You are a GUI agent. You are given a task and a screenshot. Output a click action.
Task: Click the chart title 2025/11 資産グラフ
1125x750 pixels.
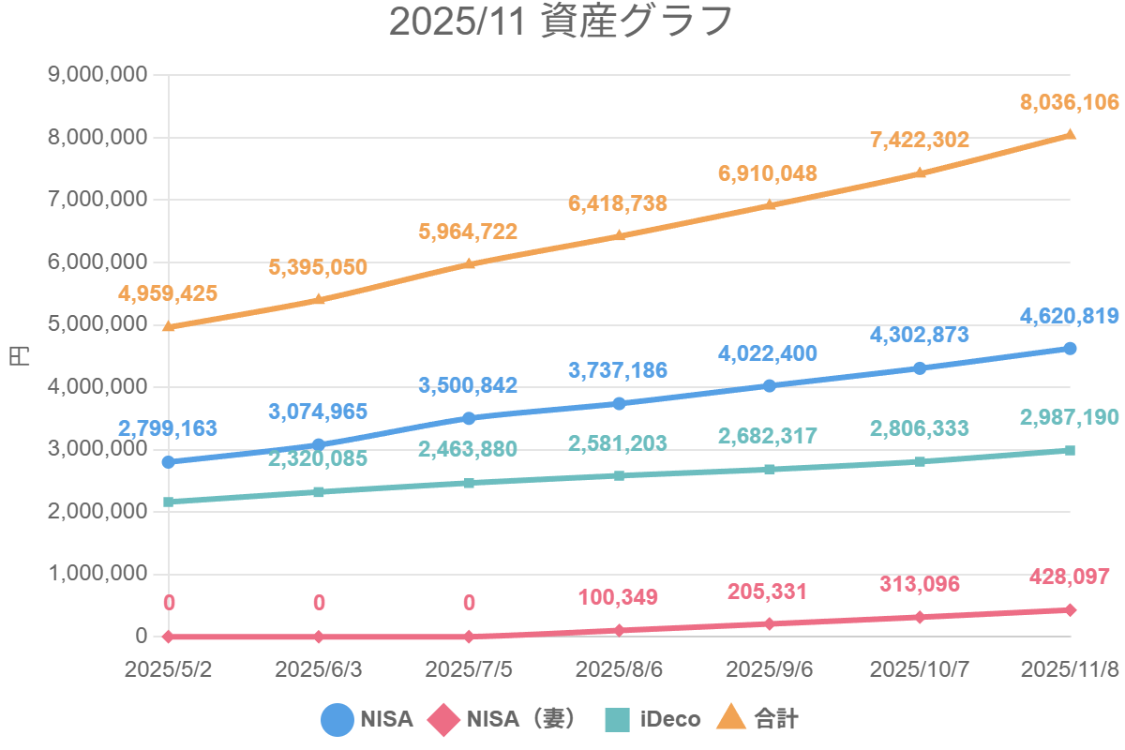coord(560,22)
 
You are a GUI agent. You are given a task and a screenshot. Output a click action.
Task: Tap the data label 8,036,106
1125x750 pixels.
coord(1069,102)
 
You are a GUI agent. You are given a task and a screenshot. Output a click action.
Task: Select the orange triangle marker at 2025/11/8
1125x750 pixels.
coord(1070,134)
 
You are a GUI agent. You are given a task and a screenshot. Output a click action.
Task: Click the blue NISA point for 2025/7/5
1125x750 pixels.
coord(469,418)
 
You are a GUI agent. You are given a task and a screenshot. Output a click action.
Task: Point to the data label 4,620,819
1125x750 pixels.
coord(1069,316)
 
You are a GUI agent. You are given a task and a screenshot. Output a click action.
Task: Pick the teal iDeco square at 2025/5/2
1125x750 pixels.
coord(169,502)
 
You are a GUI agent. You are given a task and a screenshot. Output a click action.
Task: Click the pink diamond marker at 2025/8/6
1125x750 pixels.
coord(620,630)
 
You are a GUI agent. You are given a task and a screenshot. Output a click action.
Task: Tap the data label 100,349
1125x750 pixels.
coord(618,597)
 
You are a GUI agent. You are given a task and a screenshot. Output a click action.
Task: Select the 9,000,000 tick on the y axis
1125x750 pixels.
coord(97,75)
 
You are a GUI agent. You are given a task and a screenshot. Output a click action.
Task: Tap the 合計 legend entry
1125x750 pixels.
coord(757,719)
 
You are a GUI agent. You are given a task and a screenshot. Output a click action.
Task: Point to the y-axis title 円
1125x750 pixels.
coord(20,356)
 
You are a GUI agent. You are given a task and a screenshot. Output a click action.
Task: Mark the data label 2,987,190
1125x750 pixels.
coord(1069,417)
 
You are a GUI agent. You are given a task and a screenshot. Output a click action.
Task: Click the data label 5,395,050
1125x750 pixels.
coord(318,267)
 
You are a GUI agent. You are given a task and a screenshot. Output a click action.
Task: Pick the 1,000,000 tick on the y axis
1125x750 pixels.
coord(97,574)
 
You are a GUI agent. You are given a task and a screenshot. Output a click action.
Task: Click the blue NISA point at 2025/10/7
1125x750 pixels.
coord(920,368)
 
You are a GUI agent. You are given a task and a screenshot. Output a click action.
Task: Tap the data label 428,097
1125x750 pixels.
coord(1069,577)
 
